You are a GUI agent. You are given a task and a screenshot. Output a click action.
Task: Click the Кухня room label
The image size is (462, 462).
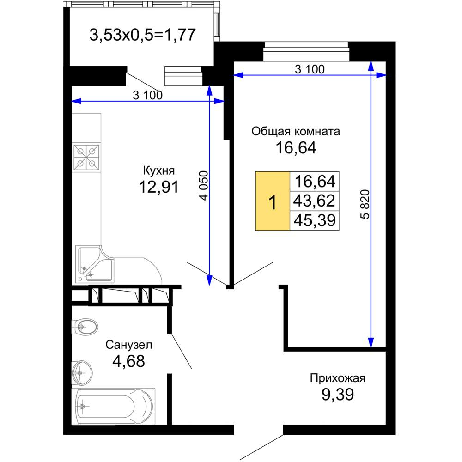[159, 170]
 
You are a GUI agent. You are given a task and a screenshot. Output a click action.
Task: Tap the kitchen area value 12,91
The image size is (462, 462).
[159, 187]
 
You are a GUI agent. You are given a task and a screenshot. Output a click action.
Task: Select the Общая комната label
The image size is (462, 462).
[296, 131]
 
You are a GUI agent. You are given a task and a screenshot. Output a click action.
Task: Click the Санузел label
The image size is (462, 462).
[129, 345]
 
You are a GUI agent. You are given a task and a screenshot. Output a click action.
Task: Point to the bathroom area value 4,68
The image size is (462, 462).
[129, 361]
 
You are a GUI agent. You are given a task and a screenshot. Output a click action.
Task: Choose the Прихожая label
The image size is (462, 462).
[337, 378]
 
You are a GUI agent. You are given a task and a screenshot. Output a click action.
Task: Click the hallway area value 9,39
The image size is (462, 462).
[337, 395]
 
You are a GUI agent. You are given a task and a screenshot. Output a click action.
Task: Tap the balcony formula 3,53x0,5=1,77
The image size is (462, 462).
[143, 35]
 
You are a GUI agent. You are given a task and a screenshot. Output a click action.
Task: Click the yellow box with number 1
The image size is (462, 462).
[273, 201]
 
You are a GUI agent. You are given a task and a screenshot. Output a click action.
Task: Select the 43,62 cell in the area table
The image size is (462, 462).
[314, 201]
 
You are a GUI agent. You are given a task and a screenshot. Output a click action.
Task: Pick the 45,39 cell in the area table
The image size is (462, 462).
[314, 220]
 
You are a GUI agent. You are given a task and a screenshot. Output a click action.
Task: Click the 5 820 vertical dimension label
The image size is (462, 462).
[365, 204]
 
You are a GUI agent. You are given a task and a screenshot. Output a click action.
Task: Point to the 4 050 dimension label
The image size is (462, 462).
[204, 186]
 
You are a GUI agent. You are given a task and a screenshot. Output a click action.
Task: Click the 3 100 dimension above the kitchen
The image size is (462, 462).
[148, 95]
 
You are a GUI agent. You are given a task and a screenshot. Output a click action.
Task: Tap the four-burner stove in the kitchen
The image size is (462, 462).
[86, 158]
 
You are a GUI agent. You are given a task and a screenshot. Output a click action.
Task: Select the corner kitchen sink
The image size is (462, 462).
[95, 264]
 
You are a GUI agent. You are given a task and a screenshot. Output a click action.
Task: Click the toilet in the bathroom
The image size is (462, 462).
[86, 327]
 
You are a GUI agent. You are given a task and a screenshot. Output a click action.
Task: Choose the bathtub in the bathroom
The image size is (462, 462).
[114, 406]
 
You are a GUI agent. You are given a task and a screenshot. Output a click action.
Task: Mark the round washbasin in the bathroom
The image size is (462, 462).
[82, 373]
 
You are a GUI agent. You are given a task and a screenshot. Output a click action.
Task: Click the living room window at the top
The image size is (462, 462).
[306, 51]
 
